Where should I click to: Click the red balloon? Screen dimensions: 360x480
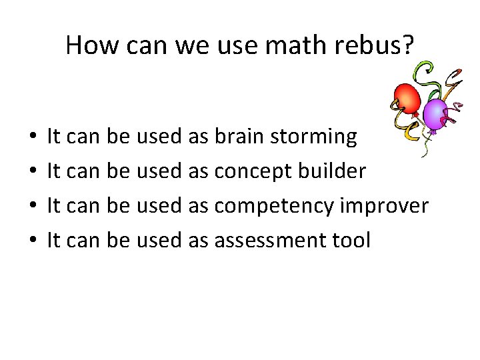tap(407, 97)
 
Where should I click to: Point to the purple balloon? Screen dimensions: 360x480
tap(435, 113)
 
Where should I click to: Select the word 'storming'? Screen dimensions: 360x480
tap(314, 137)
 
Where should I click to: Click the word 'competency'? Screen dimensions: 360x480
tap(274, 207)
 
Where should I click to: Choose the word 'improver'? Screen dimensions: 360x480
tap(384, 207)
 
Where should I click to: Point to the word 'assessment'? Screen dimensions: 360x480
tap(271, 241)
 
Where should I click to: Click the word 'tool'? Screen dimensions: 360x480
tap(351, 240)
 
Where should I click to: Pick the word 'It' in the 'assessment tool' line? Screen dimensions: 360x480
tap(54, 240)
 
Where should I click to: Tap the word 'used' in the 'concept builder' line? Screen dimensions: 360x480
tap(159, 171)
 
